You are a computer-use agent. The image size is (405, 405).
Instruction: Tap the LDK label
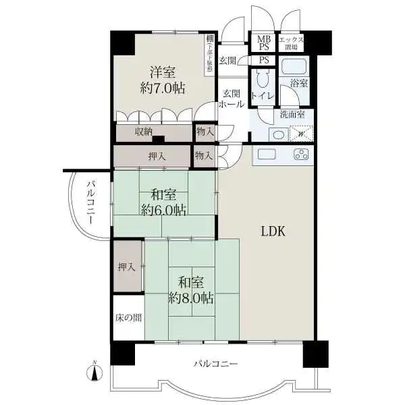[274, 231]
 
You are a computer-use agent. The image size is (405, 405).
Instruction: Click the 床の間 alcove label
[128, 317]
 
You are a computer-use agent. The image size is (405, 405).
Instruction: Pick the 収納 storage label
[142, 131]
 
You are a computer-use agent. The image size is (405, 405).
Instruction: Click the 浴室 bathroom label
[299, 83]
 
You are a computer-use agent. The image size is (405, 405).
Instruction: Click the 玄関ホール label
[231, 99]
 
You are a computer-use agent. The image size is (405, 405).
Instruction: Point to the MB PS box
[263, 43]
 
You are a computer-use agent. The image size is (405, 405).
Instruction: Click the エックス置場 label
[292, 43]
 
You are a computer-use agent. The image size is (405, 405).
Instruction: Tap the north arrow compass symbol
[95, 370]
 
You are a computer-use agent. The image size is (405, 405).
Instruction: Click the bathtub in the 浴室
[294, 67]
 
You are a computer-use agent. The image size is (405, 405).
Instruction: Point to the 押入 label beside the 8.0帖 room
[127, 267]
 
